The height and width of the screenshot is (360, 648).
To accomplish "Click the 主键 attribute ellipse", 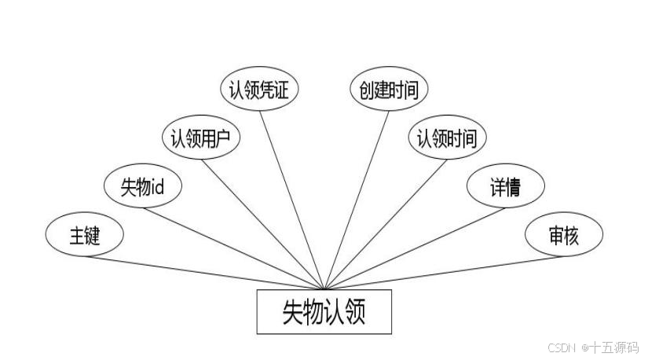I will pyautogui.click(x=84, y=235).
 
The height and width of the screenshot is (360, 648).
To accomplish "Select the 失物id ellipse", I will pyautogui.click(x=143, y=186).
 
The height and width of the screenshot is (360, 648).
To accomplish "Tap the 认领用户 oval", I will pyautogui.click(x=200, y=138).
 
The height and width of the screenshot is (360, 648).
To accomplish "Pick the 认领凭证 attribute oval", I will pyautogui.click(x=258, y=89).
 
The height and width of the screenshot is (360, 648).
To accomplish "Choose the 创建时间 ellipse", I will pyautogui.click(x=388, y=89).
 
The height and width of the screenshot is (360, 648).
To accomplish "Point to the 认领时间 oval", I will pyautogui.click(x=447, y=138).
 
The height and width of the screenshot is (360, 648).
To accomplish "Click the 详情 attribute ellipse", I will pyautogui.click(x=506, y=186).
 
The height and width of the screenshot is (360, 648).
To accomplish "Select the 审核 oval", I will pyautogui.click(x=564, y=235).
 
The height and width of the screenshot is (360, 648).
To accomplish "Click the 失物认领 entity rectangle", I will pyautogui.click(x=324, y=312).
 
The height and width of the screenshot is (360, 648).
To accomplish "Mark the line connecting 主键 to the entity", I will pyautogui.click(x=204, y=273).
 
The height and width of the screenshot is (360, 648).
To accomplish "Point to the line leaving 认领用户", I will pyautogui.click(x=263, y=223).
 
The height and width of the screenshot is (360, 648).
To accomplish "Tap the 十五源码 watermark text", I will pyautogui.click(x=615, y=347).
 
